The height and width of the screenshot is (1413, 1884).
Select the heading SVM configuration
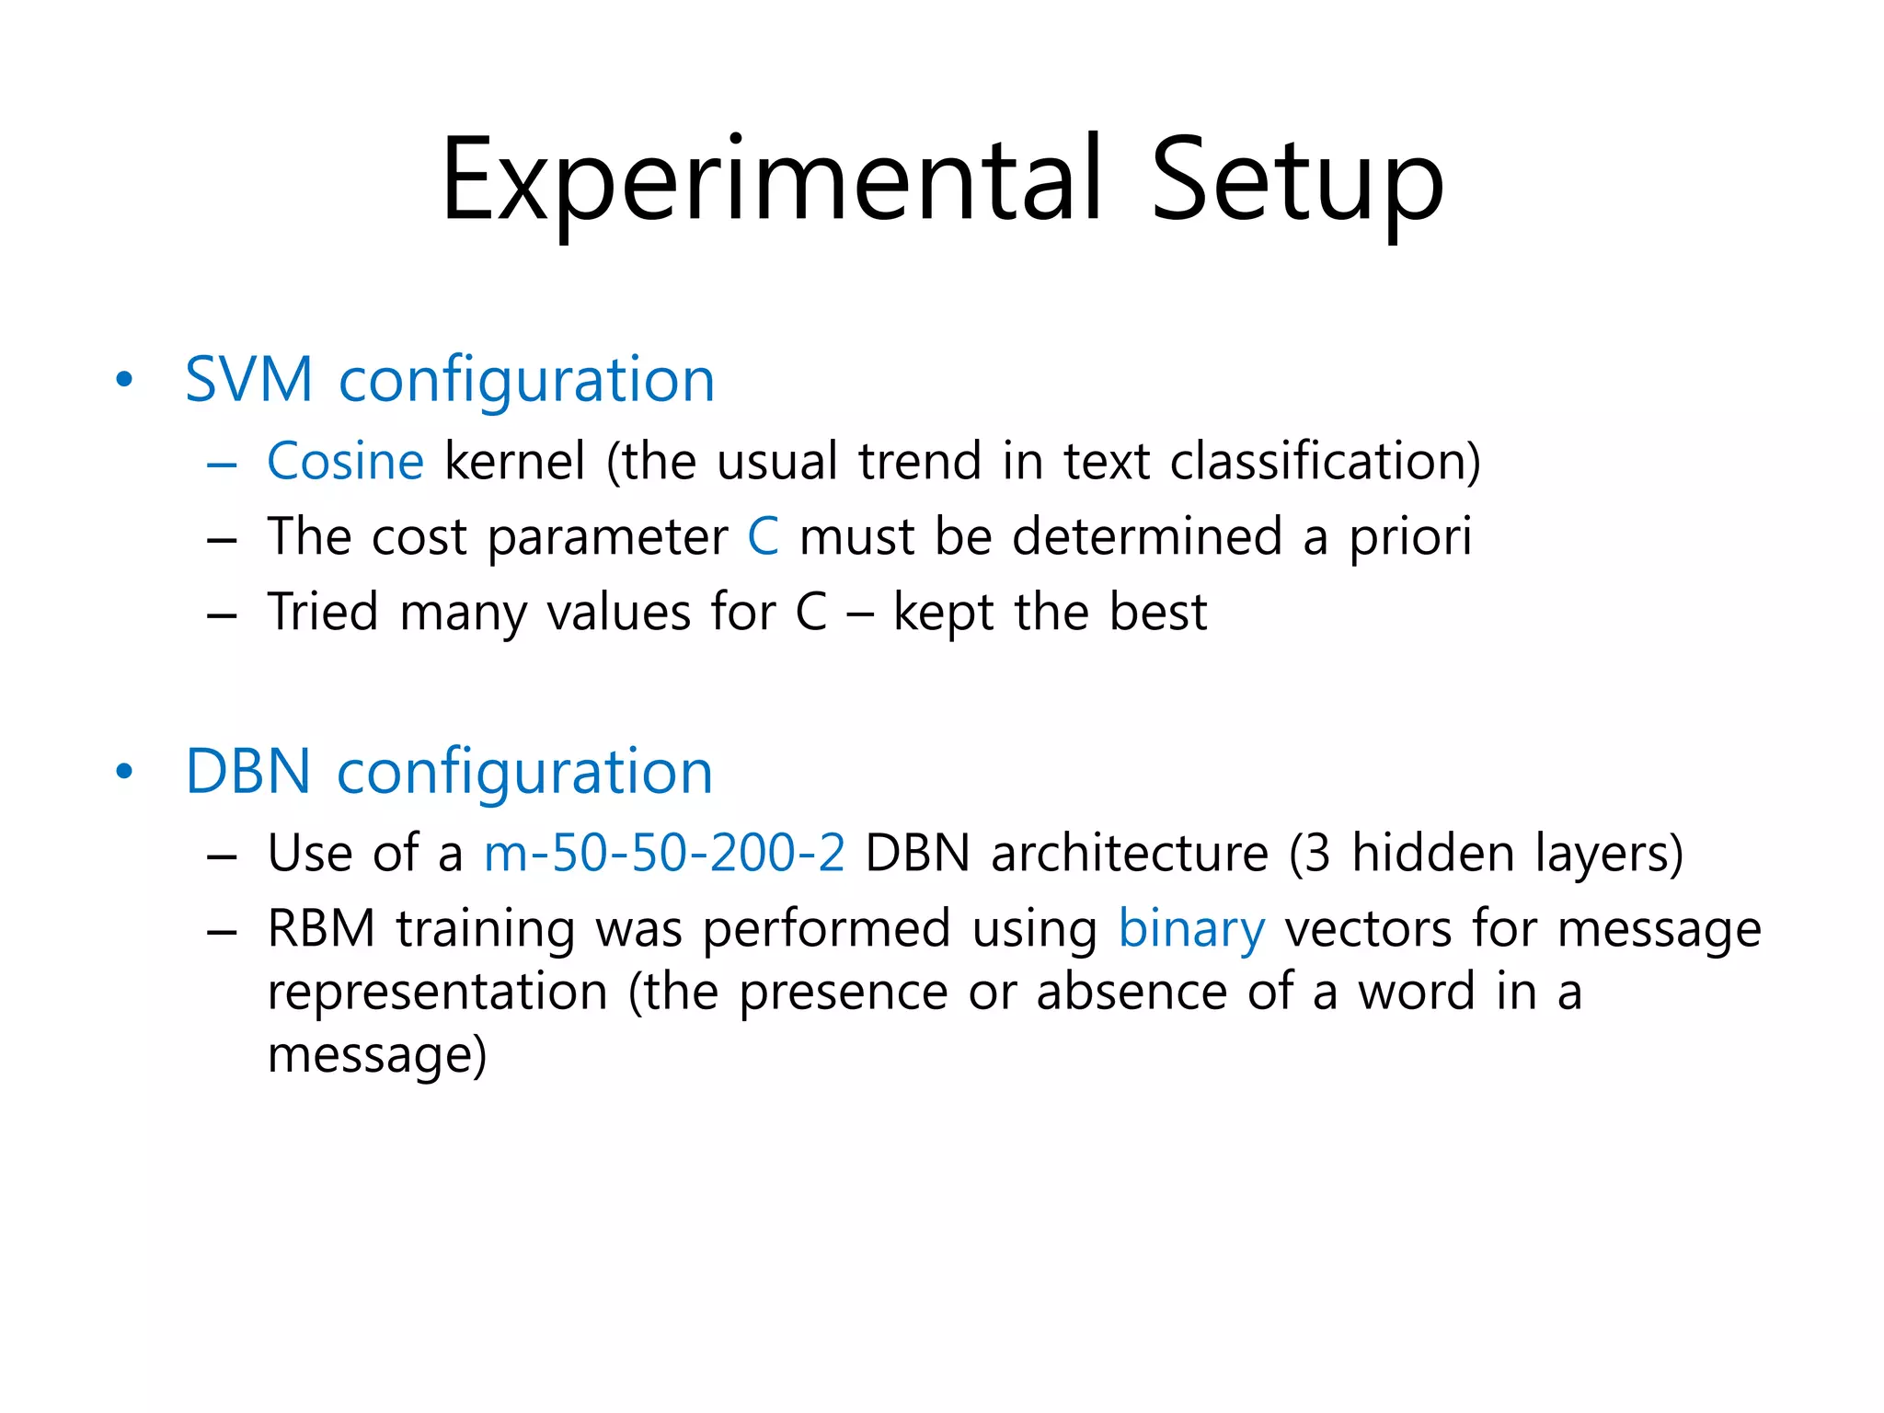tap(450, 379)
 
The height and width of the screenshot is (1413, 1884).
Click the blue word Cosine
tap(345, 461)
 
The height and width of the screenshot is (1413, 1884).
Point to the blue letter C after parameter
tap(763, 536)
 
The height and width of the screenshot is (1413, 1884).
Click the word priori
tap(1410, 538)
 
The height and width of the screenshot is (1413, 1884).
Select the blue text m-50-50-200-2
tap(664, 853)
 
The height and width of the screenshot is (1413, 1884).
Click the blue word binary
tap(1191, 929)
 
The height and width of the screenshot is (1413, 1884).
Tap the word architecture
tap(1130, 853)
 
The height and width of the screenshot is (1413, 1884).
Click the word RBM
tap(321, 928)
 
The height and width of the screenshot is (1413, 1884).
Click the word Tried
tap(323, 613)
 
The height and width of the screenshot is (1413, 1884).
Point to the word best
tap(1158, 613)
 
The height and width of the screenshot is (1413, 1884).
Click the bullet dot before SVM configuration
tap(124, 380)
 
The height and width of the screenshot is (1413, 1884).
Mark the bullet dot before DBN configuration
tap(124, 772)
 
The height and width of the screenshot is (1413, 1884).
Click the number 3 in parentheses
tap(1317, 853)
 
